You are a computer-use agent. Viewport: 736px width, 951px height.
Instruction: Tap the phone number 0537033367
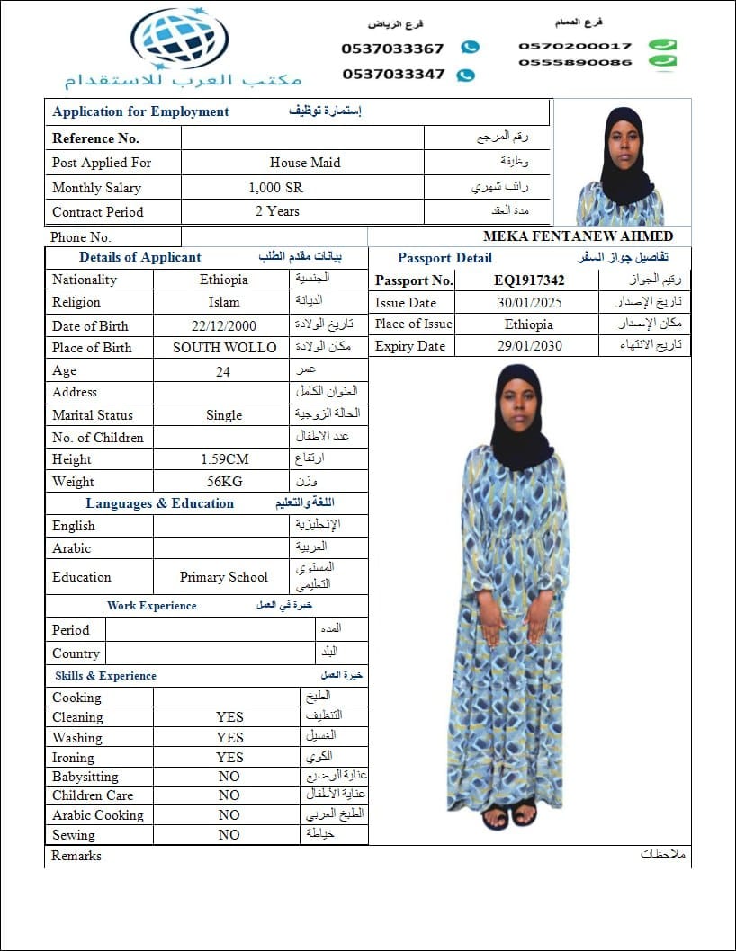coord(392,49)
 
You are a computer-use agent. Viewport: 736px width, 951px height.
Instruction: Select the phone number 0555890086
coord(575,62)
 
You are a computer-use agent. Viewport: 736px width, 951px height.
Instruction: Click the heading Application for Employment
coord(140,111)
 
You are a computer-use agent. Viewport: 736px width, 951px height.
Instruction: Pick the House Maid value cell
coord(304,163)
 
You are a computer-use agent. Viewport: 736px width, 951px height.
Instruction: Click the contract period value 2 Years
coord(277,211)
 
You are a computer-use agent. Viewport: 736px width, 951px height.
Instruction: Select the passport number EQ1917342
coord(529,280)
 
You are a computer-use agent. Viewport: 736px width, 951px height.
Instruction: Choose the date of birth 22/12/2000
coord(223,326)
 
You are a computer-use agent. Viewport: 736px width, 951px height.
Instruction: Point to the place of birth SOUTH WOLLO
coord(224,348)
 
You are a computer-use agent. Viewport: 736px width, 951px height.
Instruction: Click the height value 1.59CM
coord(224,458)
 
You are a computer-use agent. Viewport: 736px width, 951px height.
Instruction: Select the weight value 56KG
coord(224,481)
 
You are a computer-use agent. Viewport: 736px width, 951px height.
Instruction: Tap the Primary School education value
coord(224,577)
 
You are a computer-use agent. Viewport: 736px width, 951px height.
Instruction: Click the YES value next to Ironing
coord(229,757)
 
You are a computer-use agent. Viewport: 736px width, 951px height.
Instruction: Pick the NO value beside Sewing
coord(229,834)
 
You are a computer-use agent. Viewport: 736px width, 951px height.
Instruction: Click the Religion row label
coord(76,302)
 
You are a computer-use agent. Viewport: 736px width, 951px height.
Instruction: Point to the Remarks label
coord(76,856)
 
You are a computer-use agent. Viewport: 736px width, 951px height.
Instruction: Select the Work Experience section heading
coord(151,606)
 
